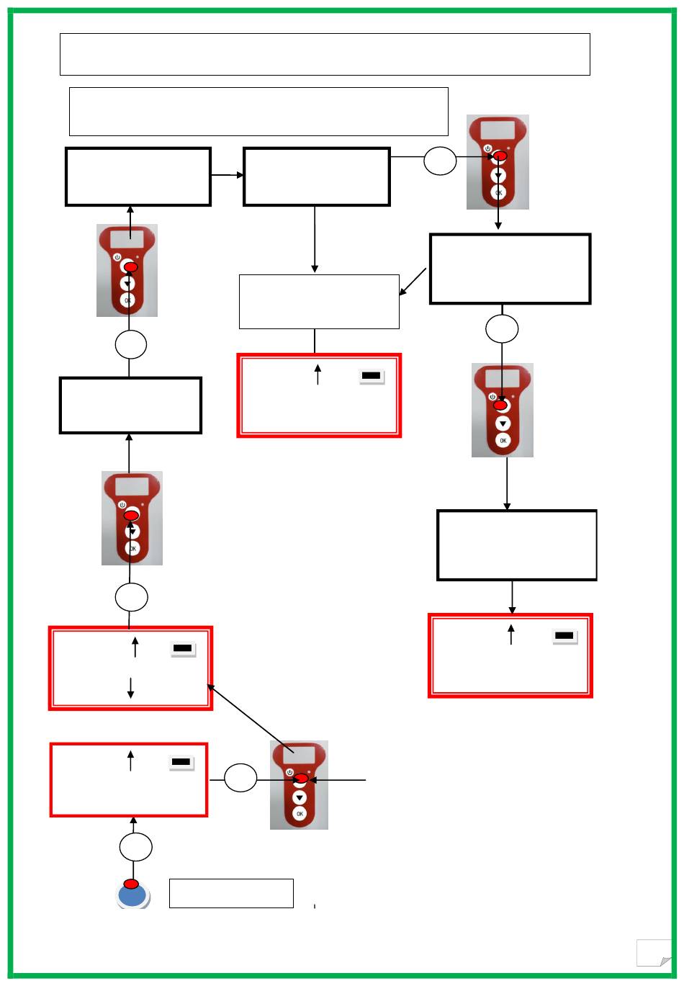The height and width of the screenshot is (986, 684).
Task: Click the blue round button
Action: (132, 896)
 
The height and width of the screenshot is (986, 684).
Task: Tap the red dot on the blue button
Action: (131, 884)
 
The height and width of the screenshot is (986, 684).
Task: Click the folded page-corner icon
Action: (654, 953)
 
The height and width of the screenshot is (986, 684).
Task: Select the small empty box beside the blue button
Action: (231, 893)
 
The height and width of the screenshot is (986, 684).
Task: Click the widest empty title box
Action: (325, 54)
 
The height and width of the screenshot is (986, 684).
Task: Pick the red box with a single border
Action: (129, 780)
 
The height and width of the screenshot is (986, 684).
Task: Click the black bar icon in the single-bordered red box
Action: (181, 762)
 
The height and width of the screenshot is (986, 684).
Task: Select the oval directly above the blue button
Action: (135, 848)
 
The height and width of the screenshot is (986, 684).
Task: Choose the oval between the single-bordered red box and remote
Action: (240, 779)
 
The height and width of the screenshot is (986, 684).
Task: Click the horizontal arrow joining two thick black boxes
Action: (228, 175)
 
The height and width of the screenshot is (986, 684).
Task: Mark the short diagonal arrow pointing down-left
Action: (413, 282)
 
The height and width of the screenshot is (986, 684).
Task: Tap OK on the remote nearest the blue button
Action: (300, 813)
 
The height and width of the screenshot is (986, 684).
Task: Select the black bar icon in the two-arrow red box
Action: (183, 649)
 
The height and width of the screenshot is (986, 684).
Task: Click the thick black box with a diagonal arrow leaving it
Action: (510, 269)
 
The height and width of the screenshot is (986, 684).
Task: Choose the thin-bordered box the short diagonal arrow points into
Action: (319, 301)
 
